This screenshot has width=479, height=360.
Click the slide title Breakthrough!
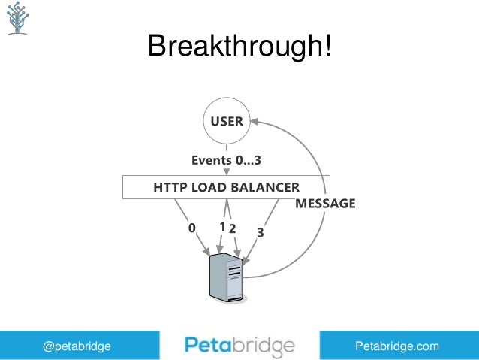pos(239,47)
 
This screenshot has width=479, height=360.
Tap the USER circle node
pos(226,121)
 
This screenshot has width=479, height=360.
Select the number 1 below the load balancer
pos(222,226)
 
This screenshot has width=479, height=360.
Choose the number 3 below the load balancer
pos(260,233)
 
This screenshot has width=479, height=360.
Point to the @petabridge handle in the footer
pos(77,346)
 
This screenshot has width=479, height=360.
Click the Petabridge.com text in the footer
pos(397,346)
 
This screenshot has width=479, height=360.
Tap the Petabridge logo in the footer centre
pos(239,346)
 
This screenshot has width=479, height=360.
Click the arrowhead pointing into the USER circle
pos(254,119)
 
